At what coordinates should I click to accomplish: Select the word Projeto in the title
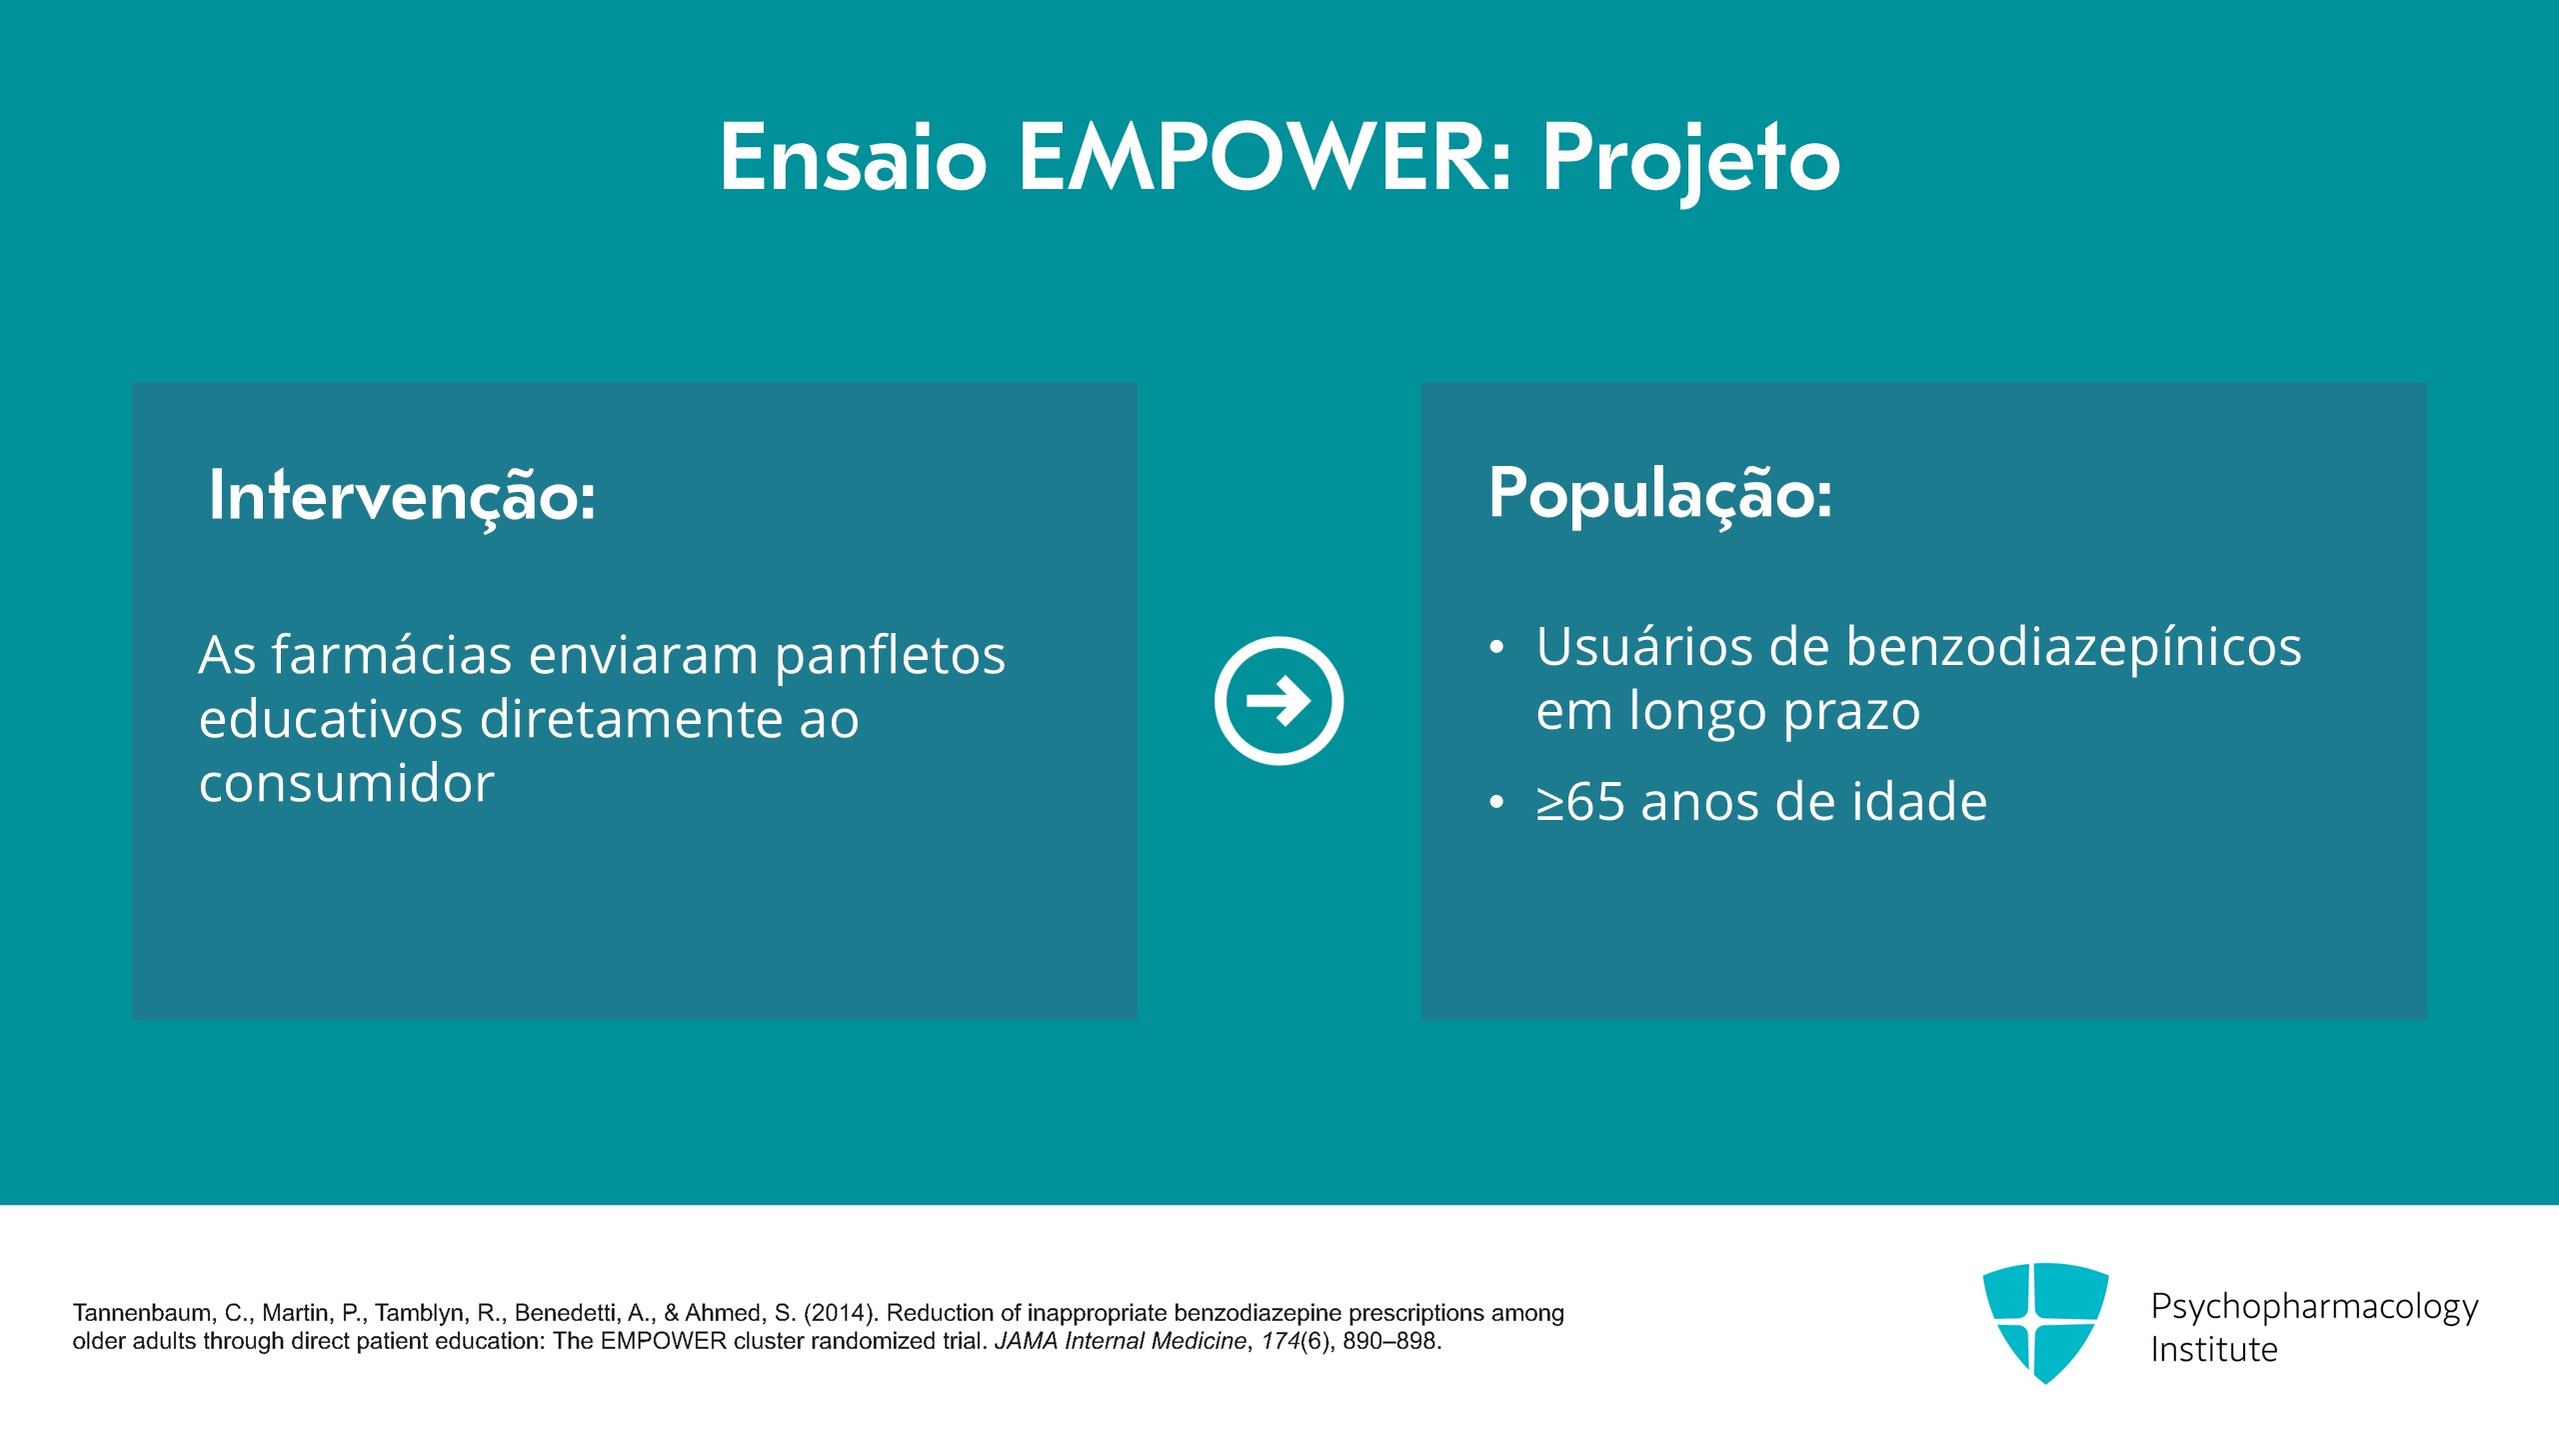pos(1690,160)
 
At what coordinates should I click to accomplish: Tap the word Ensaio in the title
pos(854,157)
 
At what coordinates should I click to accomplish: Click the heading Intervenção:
pos(402,496)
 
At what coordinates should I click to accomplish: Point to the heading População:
pos(1660,494)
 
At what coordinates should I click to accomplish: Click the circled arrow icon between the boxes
pos(1279,700)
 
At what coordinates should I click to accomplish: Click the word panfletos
pos(890,656)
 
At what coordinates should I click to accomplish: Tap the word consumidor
pos(347,782)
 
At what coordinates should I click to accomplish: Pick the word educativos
pos(331,719)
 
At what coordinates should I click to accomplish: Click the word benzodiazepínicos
pos(2073,648)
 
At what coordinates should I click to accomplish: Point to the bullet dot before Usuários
pos(1496,648)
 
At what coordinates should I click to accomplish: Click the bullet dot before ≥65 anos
pos(1496,802)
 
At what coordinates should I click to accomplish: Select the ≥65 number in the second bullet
pos(1580,802)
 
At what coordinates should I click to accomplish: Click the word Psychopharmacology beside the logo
pos(2314,1308)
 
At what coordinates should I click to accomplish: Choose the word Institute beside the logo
pos(2214,1350)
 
